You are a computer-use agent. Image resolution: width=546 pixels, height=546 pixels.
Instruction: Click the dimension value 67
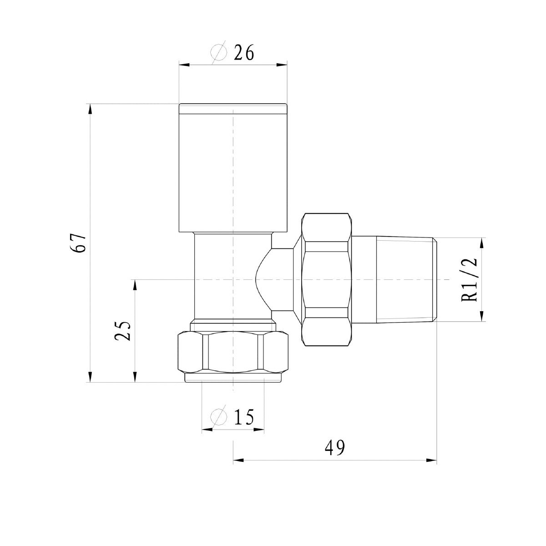pos(78,243)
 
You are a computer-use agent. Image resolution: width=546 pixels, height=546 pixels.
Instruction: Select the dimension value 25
pos(122,331)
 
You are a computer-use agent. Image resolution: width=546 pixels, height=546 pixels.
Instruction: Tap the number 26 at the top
pos(244,52)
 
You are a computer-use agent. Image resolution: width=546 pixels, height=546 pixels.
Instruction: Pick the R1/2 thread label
pos(470,280)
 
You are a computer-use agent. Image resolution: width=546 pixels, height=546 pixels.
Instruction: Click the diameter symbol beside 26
pos(219,52)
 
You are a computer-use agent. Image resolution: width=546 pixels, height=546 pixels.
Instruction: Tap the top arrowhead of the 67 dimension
pos(90,109)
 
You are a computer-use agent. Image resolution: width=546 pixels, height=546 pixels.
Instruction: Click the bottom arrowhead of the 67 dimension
pos(90,377)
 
